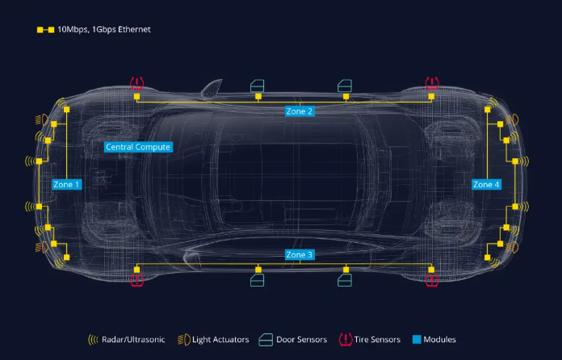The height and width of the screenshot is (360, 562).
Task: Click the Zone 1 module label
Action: tap(67, 185)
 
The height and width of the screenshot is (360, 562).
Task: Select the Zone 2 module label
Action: tap(300, 111)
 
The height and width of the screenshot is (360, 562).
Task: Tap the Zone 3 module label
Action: tap(300, 255)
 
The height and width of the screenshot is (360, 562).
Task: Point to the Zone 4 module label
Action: tap(486, 185)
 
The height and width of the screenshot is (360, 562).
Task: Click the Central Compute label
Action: tap(138, 147)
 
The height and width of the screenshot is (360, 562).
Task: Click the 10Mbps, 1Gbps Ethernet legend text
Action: tap(104, 29)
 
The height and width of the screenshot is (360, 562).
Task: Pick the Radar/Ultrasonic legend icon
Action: tap(93, 340)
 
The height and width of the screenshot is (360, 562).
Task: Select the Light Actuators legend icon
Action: tap(184, 340)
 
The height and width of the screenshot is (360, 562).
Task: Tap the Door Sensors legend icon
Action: tap(266, 340)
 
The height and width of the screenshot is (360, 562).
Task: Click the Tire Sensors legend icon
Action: tap(346, 340)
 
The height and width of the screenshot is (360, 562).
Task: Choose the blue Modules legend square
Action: tap(417, 339)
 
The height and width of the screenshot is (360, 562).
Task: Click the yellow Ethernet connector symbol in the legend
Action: tap(45, 30)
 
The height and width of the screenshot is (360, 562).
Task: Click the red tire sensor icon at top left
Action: tap(137, 83)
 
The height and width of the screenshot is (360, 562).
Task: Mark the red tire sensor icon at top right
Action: tap(432, 83)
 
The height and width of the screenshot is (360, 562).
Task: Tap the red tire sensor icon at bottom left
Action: tap(137, 280)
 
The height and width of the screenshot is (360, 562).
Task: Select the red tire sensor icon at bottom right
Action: tap(432, 280)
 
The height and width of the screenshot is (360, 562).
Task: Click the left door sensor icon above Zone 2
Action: tap(258, 86)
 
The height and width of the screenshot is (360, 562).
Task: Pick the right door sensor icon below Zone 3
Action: tap(345, 280)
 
